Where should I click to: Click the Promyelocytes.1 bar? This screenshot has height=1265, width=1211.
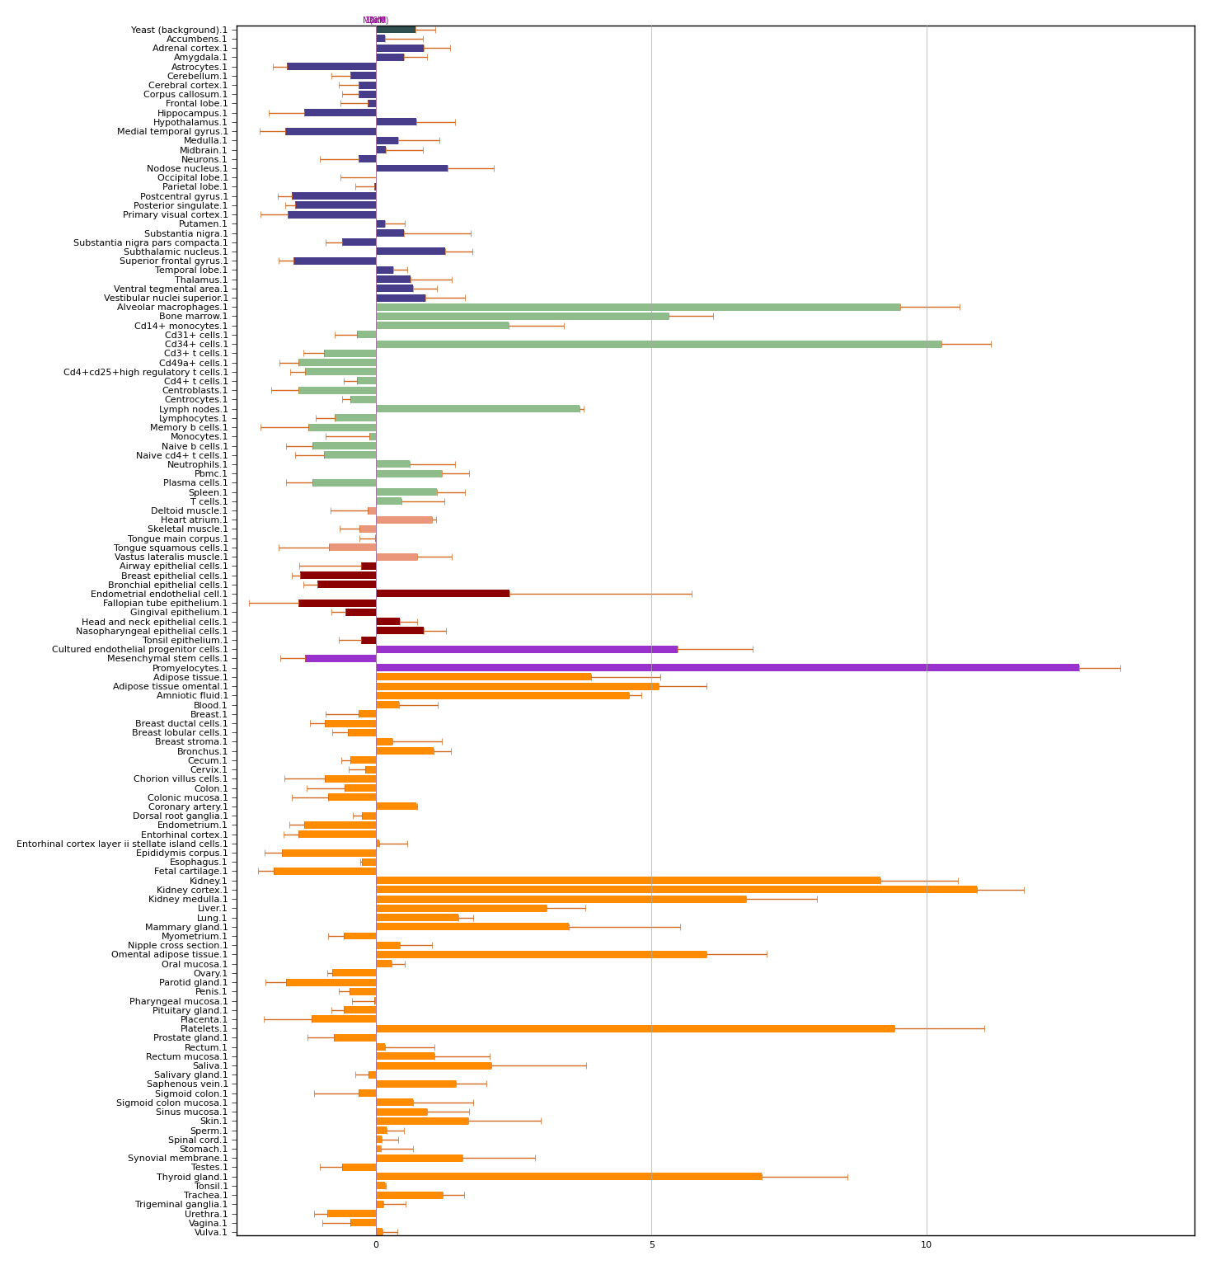pos(727,667)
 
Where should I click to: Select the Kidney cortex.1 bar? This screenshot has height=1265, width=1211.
pos(676,890)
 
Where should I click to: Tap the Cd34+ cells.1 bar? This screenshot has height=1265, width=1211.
pos(659,344)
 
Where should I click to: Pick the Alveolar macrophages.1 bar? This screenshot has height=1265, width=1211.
pos(638,307)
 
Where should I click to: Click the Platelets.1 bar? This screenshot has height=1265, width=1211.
pos(635,1028)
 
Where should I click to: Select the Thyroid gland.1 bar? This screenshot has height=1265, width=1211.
pos(569,1176)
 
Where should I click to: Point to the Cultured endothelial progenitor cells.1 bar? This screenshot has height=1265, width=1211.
pos(527,649)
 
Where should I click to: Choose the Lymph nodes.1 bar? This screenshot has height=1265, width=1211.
pos(478,409)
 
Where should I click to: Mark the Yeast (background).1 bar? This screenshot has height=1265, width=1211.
pos(396,30)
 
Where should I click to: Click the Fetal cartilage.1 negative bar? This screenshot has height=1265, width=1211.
pos(325,871)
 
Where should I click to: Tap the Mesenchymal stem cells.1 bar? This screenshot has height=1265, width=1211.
pos(340,658)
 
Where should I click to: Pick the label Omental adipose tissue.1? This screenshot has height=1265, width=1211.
pos(169,954)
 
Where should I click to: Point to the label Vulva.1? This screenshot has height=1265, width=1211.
pos(210,1232)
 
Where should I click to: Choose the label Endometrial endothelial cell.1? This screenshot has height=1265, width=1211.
pos(159,594)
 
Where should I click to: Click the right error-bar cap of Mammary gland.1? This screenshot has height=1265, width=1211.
pos(680,927)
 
